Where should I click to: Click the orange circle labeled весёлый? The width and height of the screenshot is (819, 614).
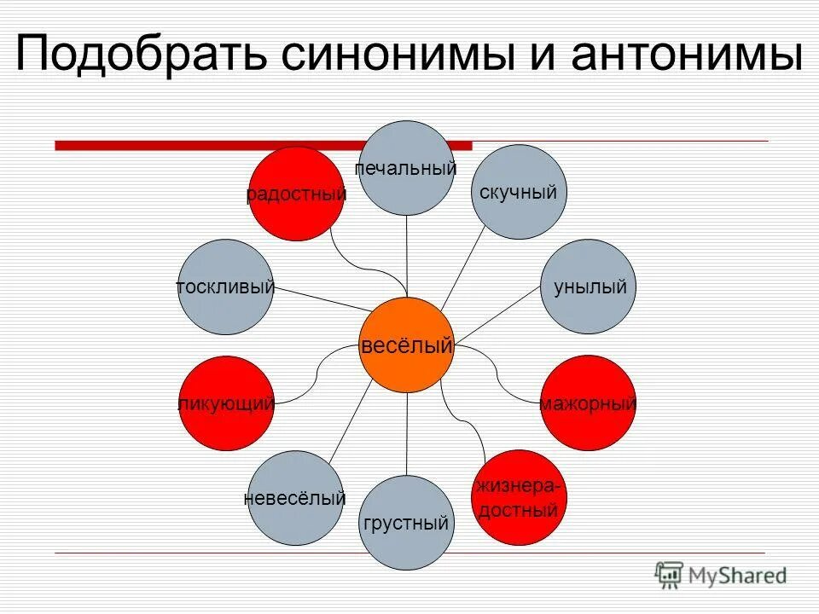point(406,345)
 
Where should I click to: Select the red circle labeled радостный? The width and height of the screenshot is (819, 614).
point(296,194)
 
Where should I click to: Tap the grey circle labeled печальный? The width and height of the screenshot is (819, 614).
point(406,167)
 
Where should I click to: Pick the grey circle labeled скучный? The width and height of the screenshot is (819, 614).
point(519,192)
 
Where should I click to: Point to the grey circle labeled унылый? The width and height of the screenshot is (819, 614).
point(589,287)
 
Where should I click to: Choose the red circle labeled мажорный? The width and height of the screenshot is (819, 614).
point(588,403)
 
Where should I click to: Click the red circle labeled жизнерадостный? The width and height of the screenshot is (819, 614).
point(519,497)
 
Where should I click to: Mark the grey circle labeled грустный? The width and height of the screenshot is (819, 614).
point(406,522)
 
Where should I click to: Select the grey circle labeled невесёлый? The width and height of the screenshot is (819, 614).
point(294,497)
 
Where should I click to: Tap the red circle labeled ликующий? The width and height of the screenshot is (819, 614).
point(226,403)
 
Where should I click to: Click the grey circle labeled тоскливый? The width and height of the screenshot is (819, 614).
point(226,287)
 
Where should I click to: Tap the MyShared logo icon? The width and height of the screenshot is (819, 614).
point(669,576)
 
